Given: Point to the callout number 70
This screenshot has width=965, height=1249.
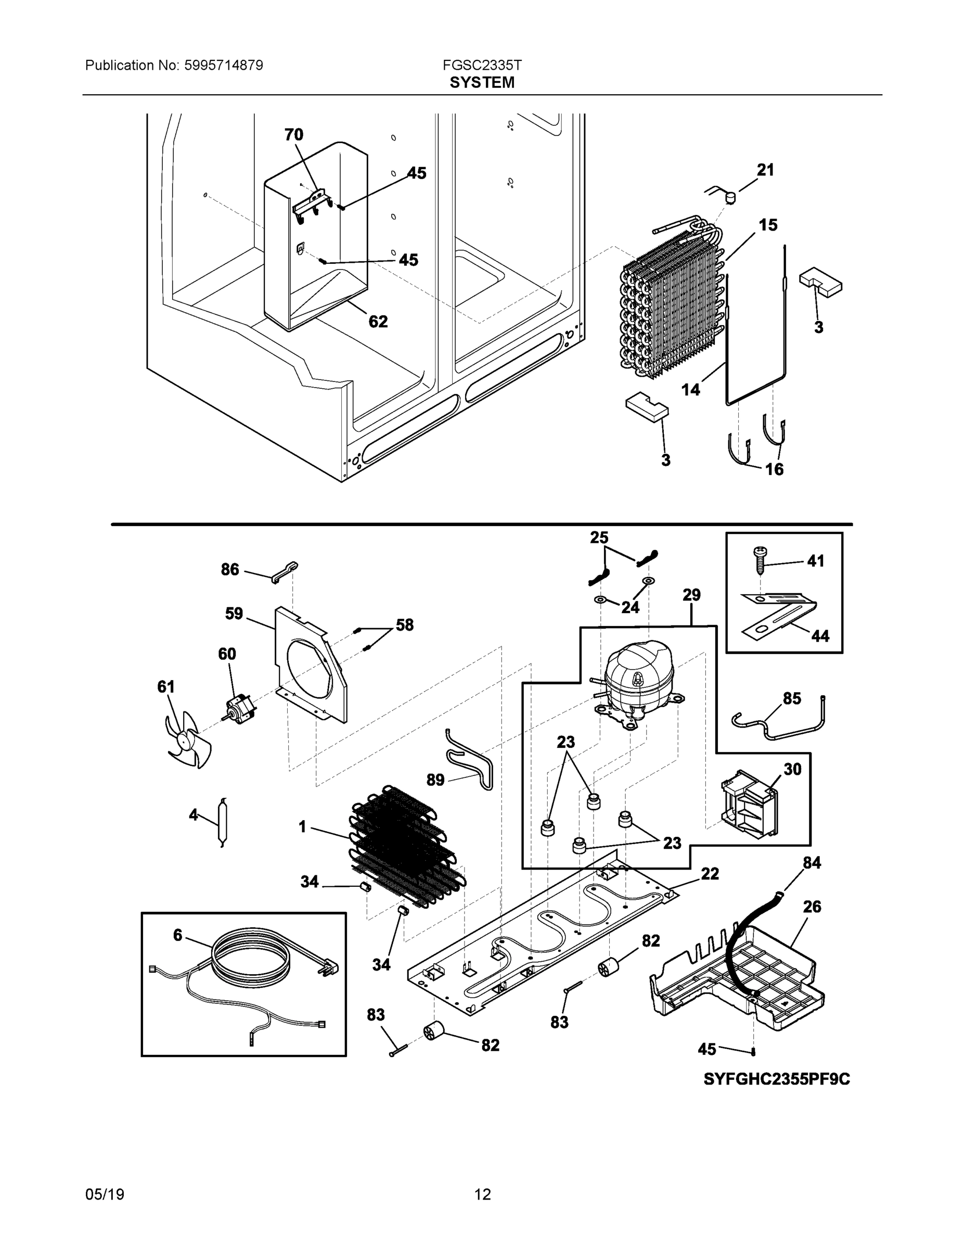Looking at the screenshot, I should [294, 135].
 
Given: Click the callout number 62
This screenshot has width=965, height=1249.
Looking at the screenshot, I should [378, 322].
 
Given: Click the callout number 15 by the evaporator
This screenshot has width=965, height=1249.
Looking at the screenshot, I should [768, 225].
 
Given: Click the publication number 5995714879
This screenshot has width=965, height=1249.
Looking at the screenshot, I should [224, 65].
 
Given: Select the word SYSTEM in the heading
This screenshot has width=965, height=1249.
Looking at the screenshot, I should [482, 83].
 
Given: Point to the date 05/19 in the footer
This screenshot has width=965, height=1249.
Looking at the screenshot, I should [105, 1195].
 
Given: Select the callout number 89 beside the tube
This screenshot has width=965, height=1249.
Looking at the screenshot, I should [435, 780].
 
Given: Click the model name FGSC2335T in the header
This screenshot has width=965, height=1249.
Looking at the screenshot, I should [482, 65].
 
